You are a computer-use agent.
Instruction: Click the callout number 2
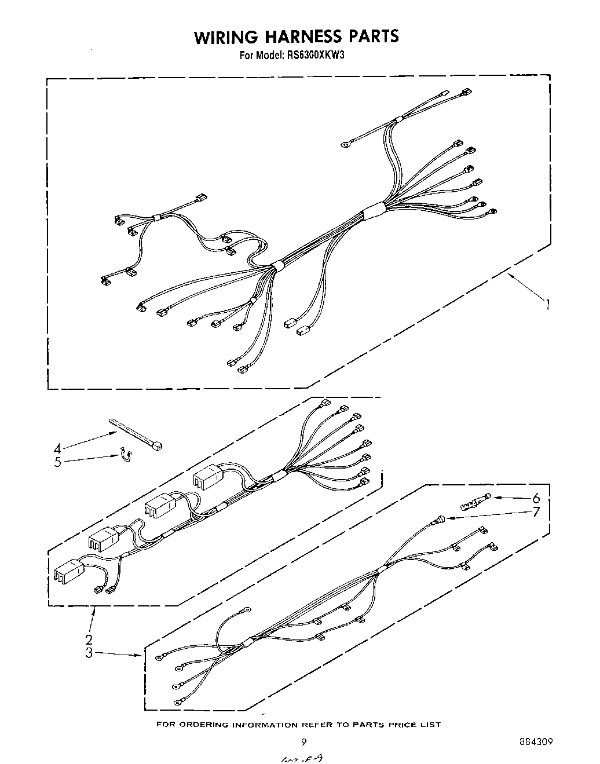(89, 639)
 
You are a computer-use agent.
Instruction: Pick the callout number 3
(89, 653)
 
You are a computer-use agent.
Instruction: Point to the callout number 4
(57, 448)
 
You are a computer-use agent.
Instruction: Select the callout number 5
(57, 462)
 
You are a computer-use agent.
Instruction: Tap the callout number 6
(536, 498)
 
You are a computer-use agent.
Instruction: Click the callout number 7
(536, 512)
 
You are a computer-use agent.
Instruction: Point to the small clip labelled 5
(124, 457)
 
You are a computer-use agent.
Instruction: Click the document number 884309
(536, 742)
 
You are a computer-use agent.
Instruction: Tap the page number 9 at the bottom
(302, 742)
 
